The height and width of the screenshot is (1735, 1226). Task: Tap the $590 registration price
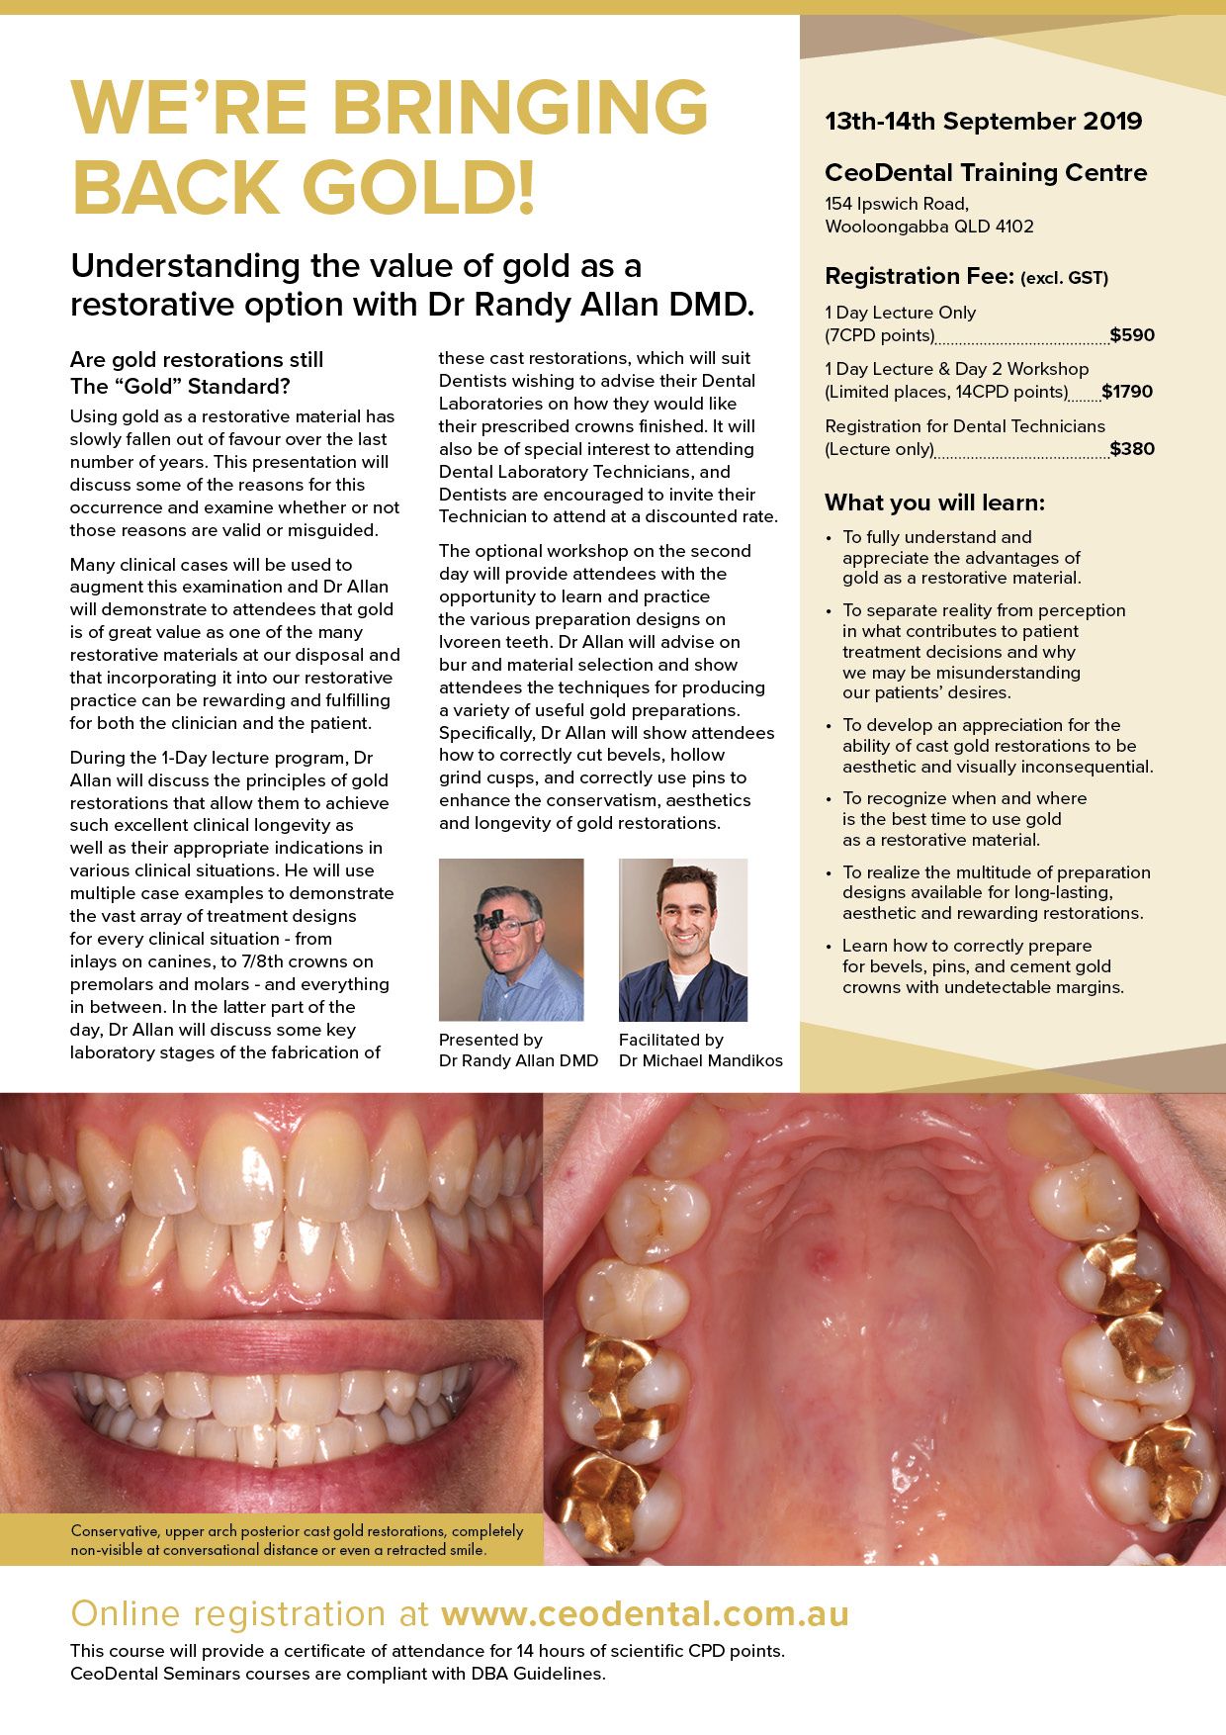pyautogui.click(x=1132, y=335)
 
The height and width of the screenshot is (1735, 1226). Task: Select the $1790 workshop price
pyautogui.click(x=1127, y=392)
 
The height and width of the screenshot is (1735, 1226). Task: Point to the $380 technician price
pyautogui.click(x=1132, y=449)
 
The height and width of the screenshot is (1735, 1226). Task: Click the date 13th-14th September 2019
pyautogui.click(x=983, y=122)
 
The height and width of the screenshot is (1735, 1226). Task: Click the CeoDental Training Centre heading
pyautogui.click(x=986, y=173)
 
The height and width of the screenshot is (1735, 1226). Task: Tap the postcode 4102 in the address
pyautogui.click(x=1014, y=227)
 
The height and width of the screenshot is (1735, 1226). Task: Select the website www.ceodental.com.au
pyautogui.click(x=645, y=1614)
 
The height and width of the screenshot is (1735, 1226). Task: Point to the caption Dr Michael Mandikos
pyautogui.click(x=700, y=1061)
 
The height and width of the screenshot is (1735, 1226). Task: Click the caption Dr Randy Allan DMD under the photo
pyautogui.click(x=518, y=1061)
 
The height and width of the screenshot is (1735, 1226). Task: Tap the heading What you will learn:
pyautogui.click(x=934, y=502)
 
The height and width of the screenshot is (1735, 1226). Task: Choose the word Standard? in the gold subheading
pyautogui.click(x=243, y=387)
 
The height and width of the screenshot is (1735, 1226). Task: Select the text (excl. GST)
pyautogui.click(x=1064, y=279)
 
